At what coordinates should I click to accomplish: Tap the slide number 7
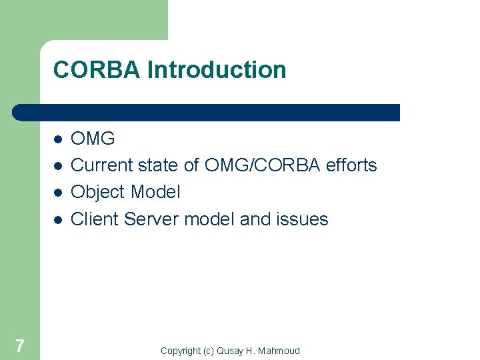click(20, 345)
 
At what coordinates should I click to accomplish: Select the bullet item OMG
click(93, 139)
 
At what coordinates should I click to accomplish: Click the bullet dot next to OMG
click(59, 139)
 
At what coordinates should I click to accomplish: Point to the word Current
click(103, 165)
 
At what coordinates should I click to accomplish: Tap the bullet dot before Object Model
click(59, 192)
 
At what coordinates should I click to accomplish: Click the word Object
click(99, 193)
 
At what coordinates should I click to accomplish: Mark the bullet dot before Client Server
click(59, 219)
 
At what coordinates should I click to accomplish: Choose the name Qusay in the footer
click(230, 351)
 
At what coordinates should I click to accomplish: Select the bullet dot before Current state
click(59, 165)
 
